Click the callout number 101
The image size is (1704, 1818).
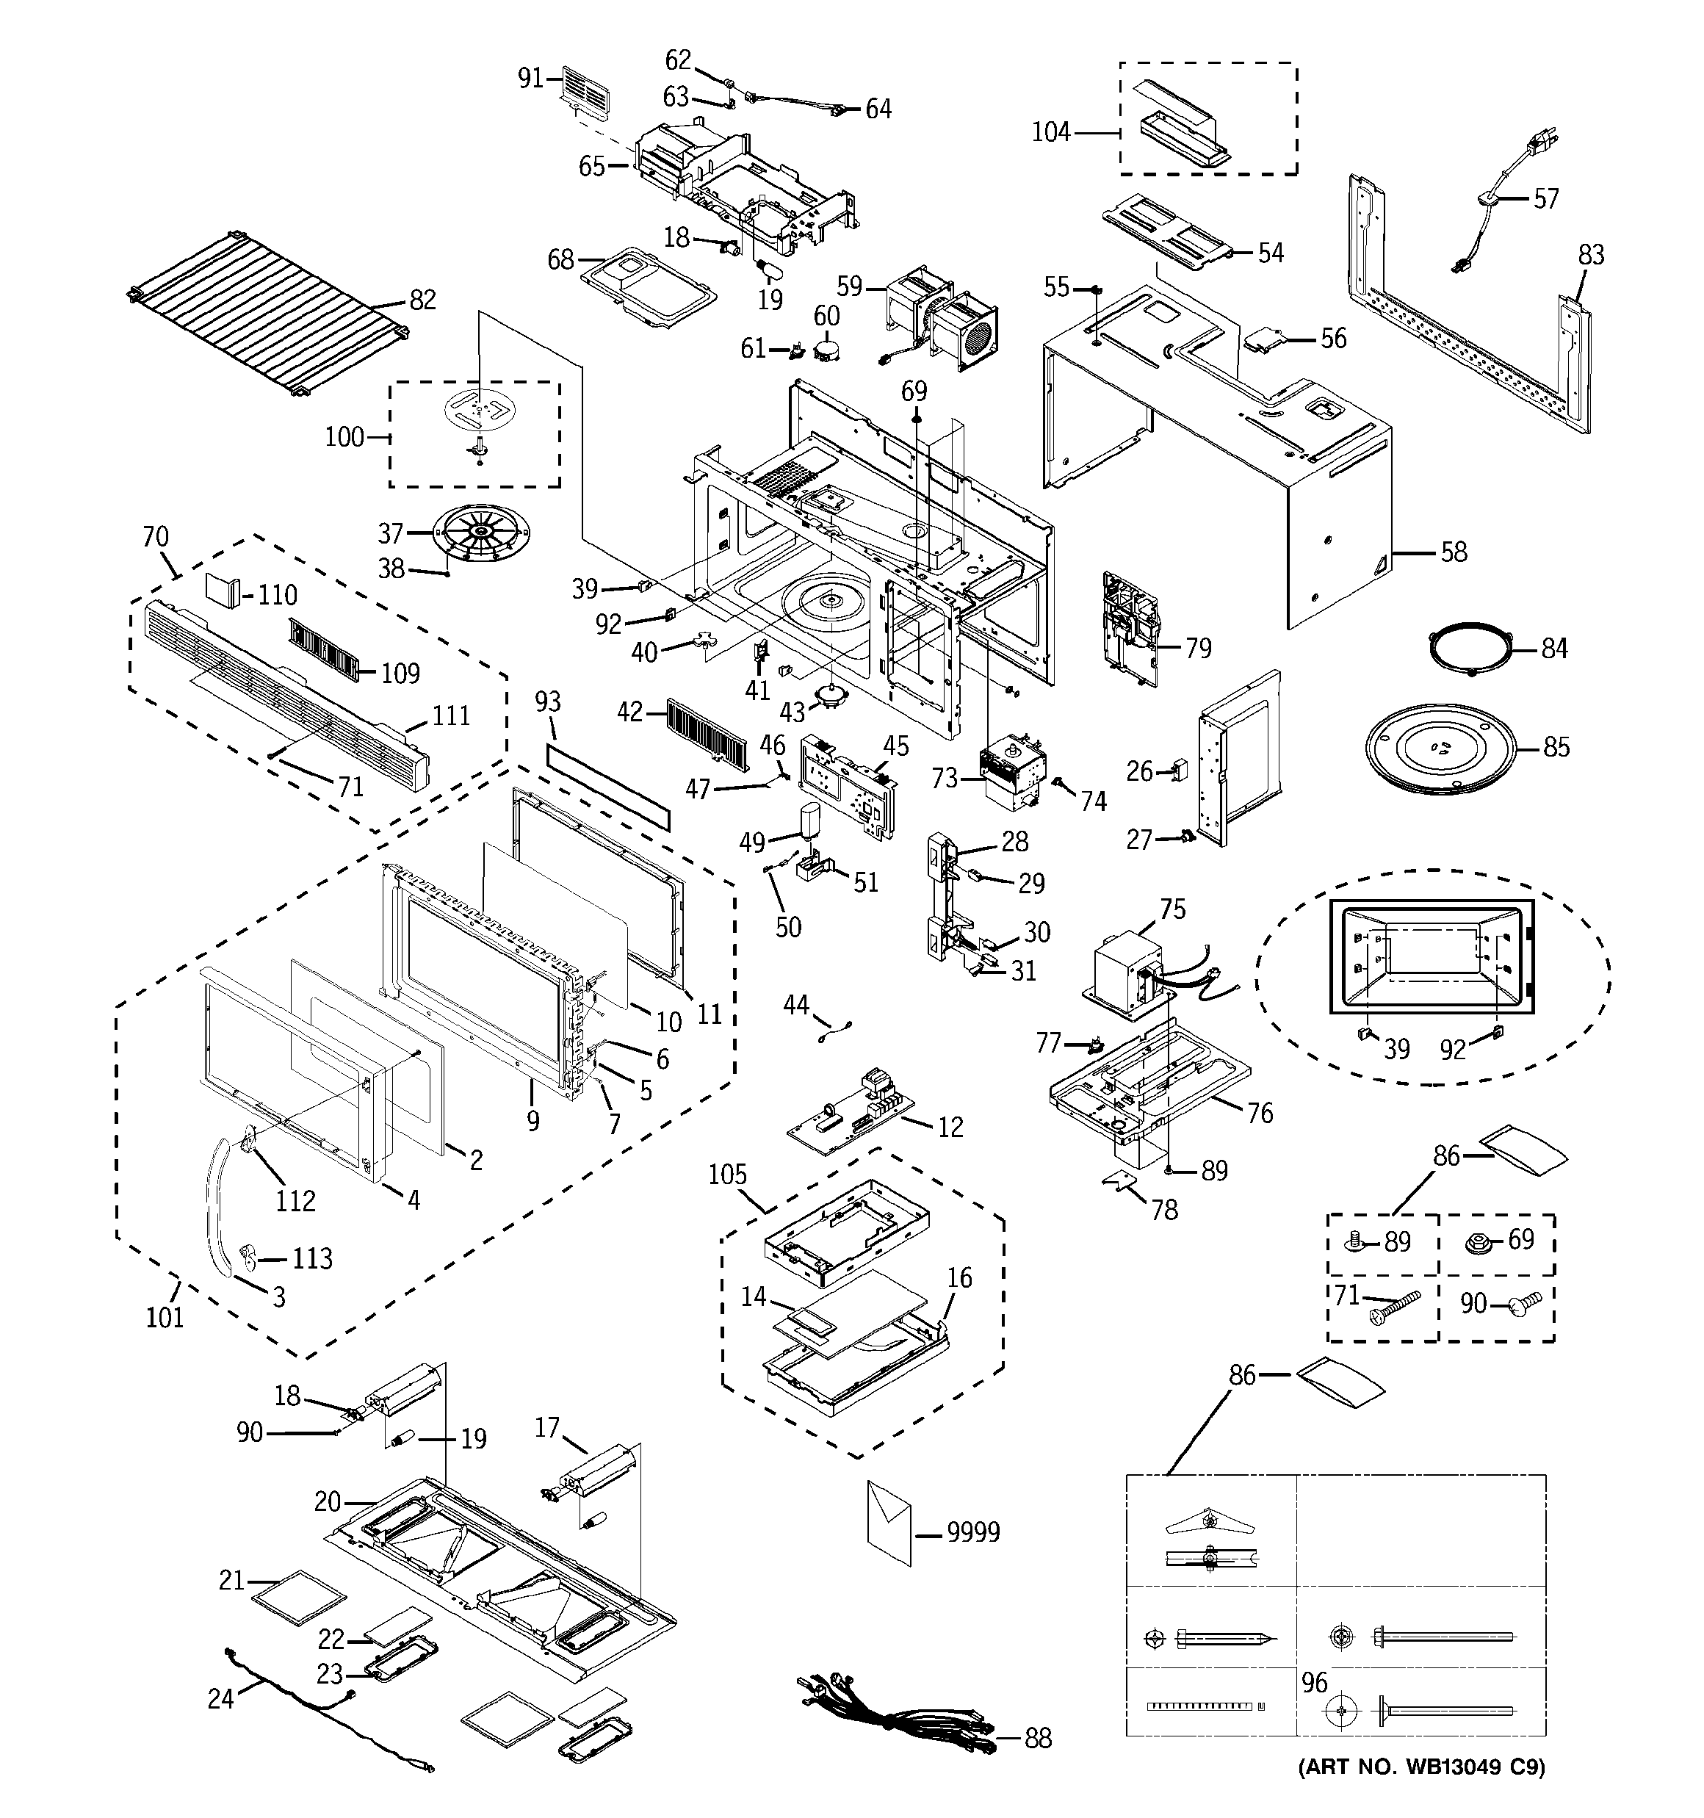165,1318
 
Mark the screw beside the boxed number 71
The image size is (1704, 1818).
1392,1306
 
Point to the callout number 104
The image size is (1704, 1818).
1051,133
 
